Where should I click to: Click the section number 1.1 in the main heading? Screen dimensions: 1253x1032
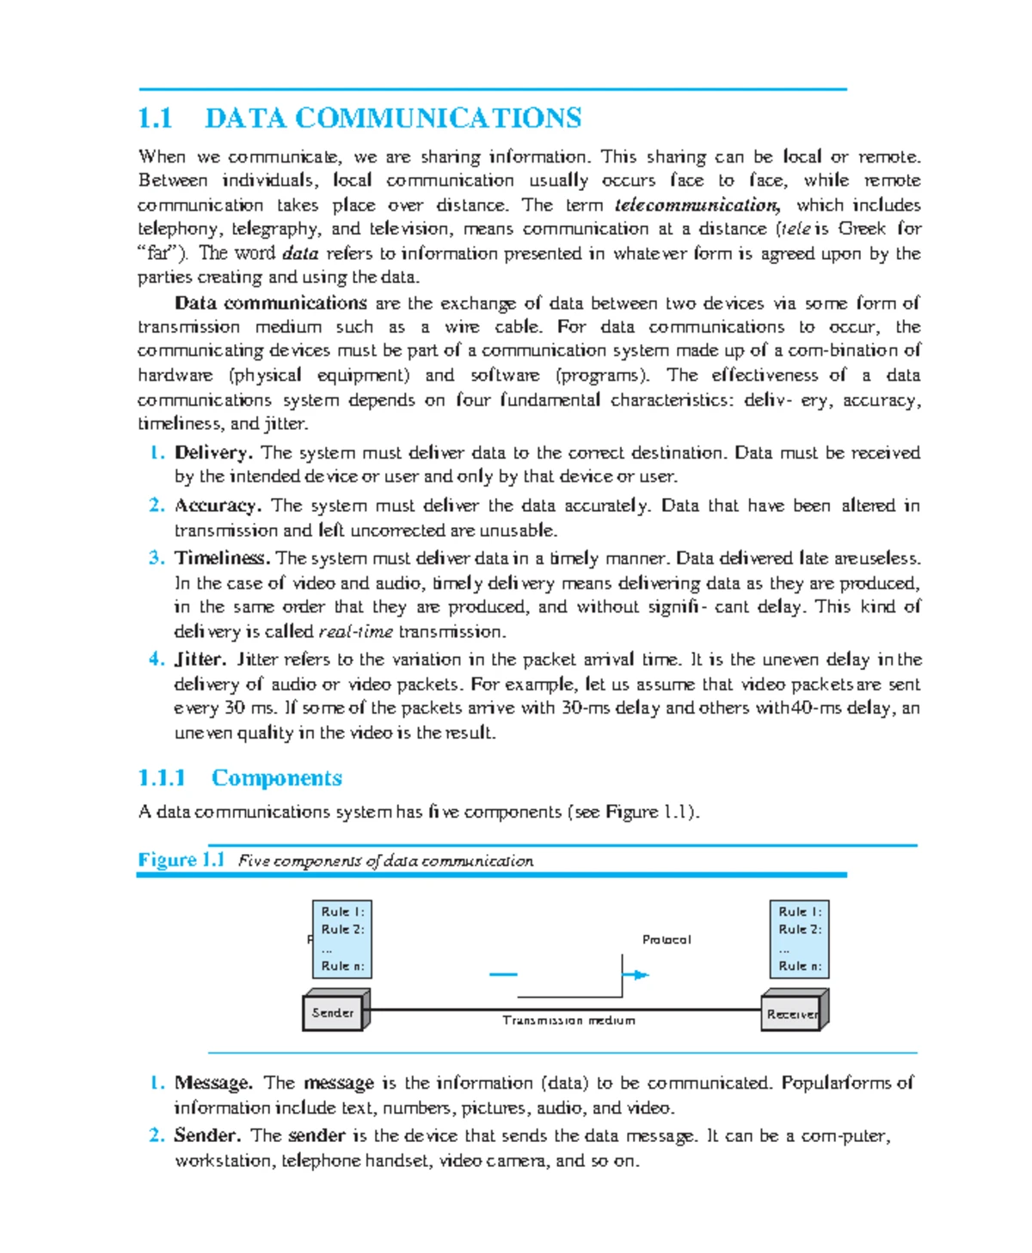tap(156, 118)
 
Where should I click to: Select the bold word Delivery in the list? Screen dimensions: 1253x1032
tap(212, 452)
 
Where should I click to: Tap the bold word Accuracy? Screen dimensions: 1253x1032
tap(217, 506)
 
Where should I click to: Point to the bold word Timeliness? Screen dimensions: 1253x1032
tap(222, 558)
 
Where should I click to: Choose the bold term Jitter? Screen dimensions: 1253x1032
tap(200, 660)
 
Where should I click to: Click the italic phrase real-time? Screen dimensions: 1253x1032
tap(355, 632)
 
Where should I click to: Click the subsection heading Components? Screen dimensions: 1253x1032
tap(276, 777)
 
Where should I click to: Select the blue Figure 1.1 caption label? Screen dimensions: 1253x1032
tap(181, 860)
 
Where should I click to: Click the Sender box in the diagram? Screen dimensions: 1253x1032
tap(334, 1012)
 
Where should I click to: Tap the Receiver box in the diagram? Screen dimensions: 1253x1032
tap(792, 1013)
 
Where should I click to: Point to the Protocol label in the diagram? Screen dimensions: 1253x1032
tap(666, 939)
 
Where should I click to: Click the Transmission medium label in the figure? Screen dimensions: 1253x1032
tap(568, 1020)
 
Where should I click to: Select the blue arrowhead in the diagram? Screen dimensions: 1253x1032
tap(640, 974)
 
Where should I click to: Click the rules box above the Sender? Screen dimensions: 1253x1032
tap(342, 938)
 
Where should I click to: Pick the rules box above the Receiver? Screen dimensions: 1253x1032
tap(799, 938)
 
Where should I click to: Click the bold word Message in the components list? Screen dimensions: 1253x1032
tap(212, 1083)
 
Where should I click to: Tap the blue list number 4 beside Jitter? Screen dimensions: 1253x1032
tap(156, 660)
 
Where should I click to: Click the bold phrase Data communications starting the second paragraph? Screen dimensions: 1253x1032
tap(270, 303)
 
